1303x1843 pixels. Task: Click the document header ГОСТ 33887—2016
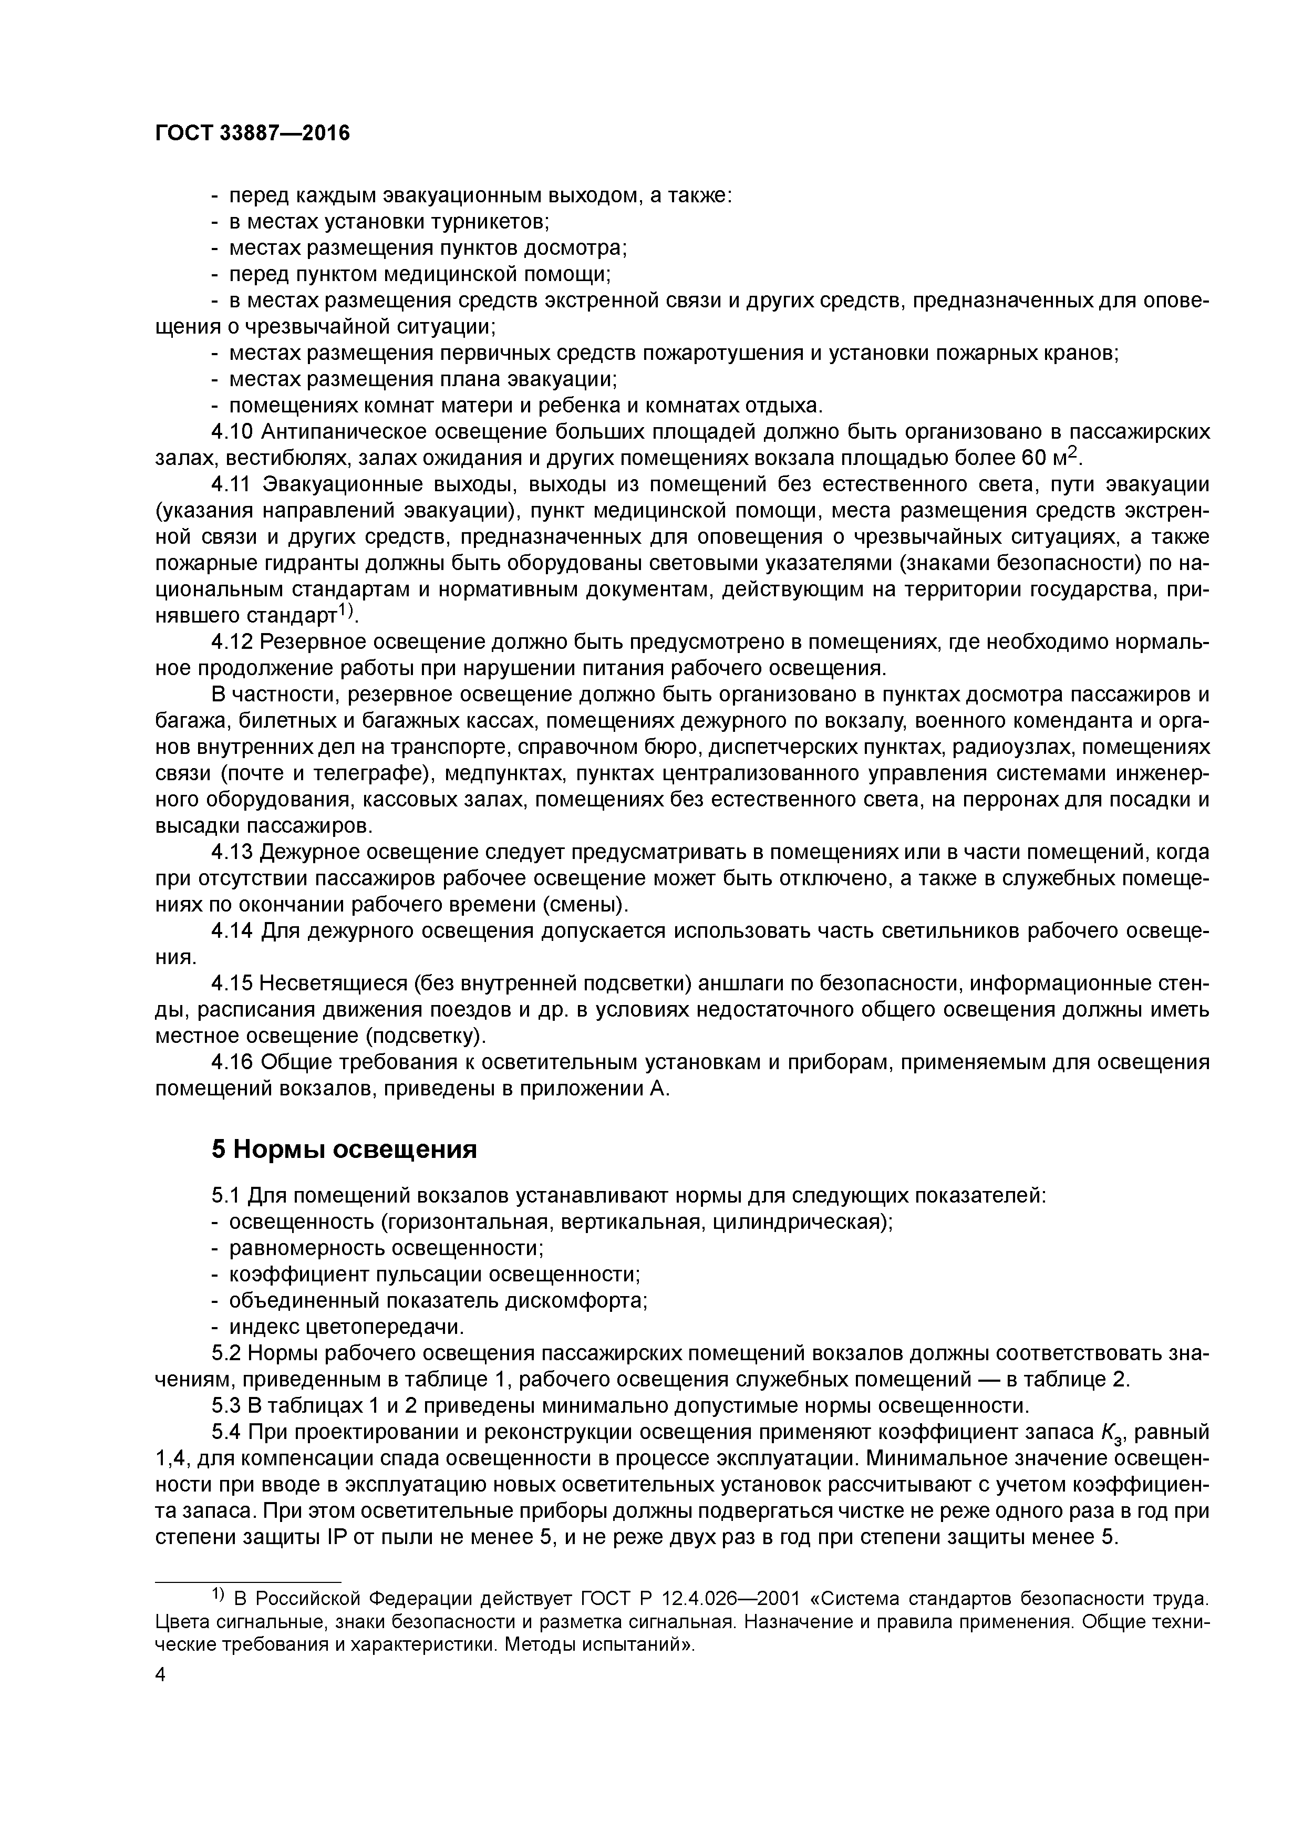pos(252,133)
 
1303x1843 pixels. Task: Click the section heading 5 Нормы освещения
pos(344,1150)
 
